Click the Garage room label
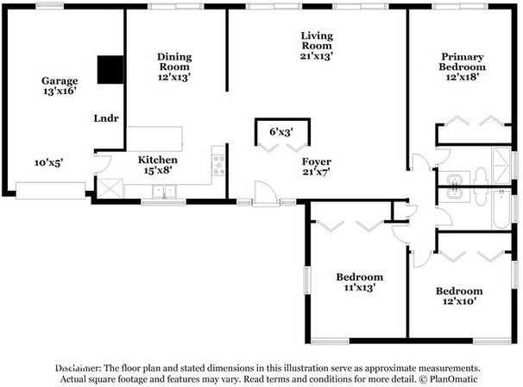coord(60,81)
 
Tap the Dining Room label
coord(174,62)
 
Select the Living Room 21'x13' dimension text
coord(317,56)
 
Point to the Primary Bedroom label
coord(463,62)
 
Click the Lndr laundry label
coord(106,118)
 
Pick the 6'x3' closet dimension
coord(281,132)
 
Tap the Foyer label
coord(317,162)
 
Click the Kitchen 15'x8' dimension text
coord(158,170)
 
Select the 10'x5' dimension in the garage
coord(48,162)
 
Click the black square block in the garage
coord(110,69)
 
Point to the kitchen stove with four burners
coord(219,165)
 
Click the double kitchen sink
coord(164,192)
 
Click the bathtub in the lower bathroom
coord(501,209)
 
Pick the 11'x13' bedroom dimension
coord(360,288)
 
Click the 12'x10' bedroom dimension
coord(459,301)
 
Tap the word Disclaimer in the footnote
coord(78,368)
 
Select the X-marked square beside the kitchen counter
coord(110,188)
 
